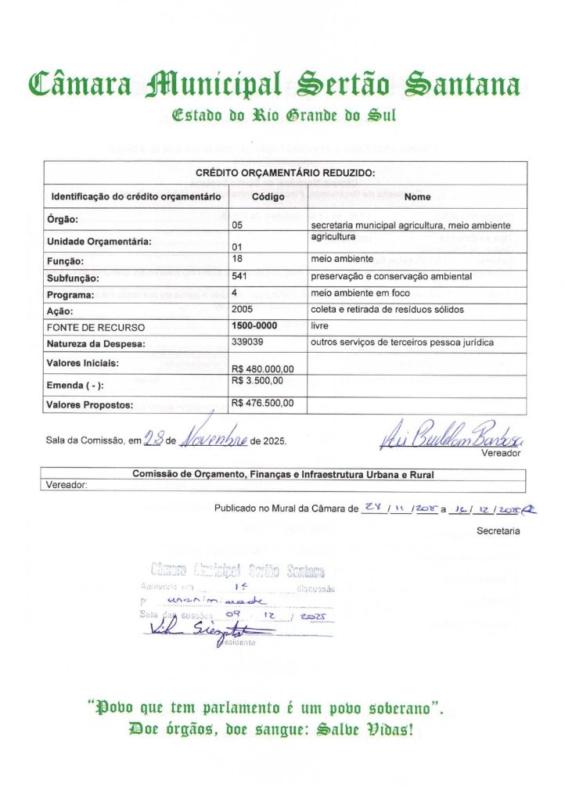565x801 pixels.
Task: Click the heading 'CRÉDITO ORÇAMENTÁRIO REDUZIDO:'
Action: pos(285,173)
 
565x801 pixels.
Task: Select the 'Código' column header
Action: pos(268,196)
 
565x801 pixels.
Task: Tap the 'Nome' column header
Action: pos(417,196)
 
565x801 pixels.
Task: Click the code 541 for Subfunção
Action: pos(239,276)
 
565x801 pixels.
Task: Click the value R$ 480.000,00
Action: pos(263,368)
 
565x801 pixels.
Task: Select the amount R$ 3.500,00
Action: pos(257,381)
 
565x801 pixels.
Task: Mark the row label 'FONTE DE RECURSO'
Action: pos(96,327)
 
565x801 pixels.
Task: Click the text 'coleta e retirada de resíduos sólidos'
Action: pos(387,310)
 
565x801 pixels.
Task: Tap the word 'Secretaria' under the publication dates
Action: pos(498,530)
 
